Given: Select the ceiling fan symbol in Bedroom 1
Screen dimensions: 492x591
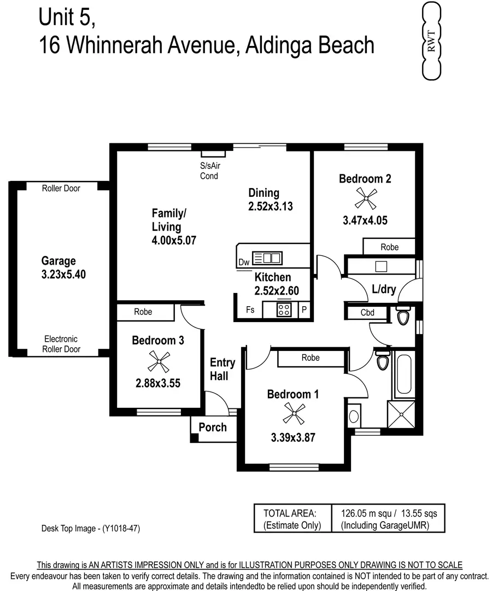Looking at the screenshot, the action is click(293, 414).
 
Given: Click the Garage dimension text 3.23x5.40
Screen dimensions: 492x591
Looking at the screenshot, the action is click(63, 275).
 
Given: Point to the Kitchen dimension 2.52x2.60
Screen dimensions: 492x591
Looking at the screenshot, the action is click(277, 291).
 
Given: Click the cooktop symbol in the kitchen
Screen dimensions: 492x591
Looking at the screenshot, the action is click(284, 311).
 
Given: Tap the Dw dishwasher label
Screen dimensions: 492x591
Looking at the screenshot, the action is click(244, 263).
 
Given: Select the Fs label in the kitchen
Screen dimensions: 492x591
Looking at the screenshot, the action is click(250, 310).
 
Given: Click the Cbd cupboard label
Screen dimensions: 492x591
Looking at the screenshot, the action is click(367, 313).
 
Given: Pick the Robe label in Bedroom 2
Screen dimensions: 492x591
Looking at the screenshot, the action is click(389, 247).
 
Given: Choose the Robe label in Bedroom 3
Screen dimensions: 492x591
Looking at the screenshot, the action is click(143, 312).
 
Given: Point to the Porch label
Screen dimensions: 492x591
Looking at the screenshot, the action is click(213, 427).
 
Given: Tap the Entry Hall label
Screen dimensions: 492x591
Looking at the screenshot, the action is click(222, 370).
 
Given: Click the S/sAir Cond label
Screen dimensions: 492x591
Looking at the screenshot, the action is click(209, 171).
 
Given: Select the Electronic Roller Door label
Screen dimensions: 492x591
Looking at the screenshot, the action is click(61, 344).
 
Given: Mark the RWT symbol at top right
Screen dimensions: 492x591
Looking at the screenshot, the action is click(431, 41).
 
